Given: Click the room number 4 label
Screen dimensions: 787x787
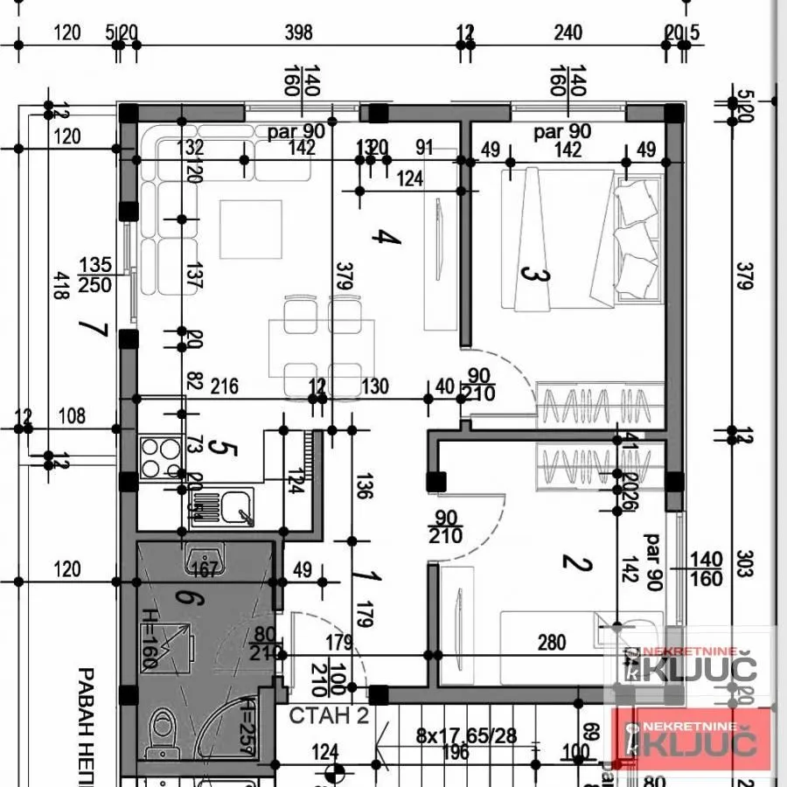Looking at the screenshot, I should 380,237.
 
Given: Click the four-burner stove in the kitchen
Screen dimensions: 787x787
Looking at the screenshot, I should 161,457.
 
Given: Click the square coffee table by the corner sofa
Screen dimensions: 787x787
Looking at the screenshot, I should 250,229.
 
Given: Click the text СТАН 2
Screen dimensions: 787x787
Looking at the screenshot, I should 329,715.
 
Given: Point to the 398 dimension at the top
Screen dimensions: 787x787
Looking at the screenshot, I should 298,33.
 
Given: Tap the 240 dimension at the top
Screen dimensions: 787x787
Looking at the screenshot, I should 568,33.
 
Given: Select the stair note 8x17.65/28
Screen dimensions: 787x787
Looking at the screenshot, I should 467,736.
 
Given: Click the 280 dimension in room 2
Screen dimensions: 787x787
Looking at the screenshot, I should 551,643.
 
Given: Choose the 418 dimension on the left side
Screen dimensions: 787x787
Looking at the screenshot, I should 59,285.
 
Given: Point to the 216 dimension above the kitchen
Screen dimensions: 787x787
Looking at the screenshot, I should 226,387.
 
